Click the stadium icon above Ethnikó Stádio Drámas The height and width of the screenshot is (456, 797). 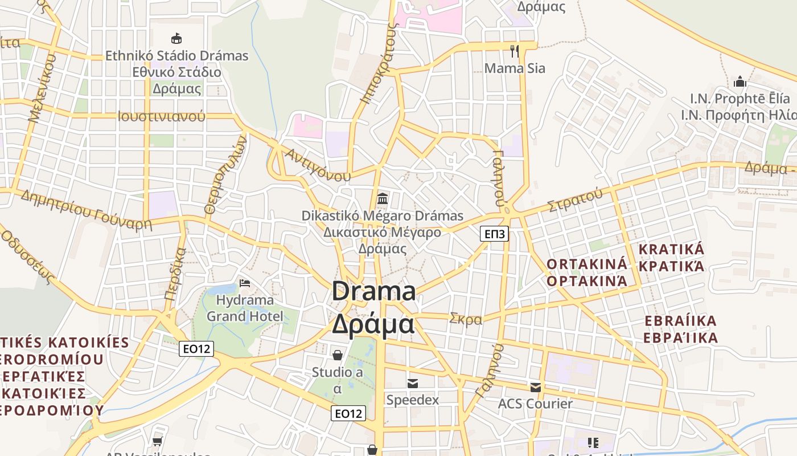(176, 39)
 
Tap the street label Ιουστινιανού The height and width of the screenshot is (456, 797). (161, 116)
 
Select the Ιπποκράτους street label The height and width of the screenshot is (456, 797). (377, 64)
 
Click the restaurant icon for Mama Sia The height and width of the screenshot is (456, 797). (515, 51)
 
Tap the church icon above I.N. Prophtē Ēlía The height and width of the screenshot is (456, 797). (740, 82)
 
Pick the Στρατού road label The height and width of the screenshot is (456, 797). (574, 200)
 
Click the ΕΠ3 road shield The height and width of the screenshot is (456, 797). (494, 234)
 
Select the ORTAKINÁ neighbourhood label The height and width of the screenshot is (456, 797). (587, 264)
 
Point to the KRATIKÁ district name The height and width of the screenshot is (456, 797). (671, 250)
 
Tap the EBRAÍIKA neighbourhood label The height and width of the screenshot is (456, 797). (680, 321)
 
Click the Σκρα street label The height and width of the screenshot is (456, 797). (466, 319)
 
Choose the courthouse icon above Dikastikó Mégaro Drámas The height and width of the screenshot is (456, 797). (383, 199)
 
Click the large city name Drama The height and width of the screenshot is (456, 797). (373, 292)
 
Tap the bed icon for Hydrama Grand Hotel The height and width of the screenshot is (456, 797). (245, 283)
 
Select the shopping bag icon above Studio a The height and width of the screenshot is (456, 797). (338, 355)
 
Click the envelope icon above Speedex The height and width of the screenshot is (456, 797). (413, 384)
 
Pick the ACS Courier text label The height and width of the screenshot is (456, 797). (535, 404)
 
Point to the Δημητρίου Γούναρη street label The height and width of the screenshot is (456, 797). (86, 210)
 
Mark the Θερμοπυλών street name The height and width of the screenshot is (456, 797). (226, 177)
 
